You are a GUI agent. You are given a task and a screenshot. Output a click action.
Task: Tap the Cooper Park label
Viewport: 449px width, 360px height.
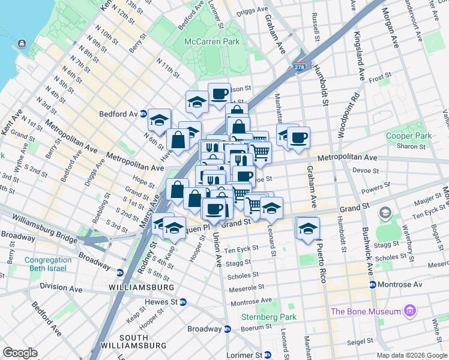(x=409, y=136)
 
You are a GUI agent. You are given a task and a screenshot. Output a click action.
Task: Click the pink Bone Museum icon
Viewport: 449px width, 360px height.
(x=410, y=311)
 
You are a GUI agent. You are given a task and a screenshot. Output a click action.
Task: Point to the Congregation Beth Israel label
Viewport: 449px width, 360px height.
(x=47, y=265)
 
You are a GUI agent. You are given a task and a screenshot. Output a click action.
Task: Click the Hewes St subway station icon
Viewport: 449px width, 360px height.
(x=183, y=302)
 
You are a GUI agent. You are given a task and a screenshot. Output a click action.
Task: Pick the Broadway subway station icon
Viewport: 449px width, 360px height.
(x=228, y=329)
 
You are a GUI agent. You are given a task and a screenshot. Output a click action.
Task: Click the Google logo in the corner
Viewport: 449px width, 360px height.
(x=20, y=352)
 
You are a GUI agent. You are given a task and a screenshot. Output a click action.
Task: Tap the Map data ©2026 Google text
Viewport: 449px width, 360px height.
(x=411, y=355)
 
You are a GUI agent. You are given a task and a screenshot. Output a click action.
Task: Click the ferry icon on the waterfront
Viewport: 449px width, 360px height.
(x=22, y=43)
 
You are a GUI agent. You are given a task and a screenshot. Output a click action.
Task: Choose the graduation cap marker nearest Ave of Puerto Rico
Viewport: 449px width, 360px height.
(x=308, y=229)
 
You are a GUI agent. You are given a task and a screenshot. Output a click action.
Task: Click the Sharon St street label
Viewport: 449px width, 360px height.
(x=411, y=146)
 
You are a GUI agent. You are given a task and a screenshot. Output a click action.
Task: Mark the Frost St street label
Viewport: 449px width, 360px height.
(x=379, y=77)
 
